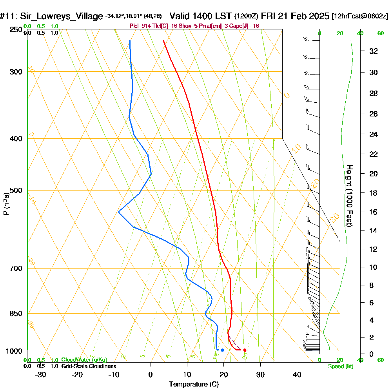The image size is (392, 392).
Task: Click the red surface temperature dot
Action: [x=245, y=350]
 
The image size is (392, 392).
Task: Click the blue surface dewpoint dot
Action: [x=222, y=350]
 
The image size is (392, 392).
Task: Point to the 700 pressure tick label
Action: [x=15, y=269]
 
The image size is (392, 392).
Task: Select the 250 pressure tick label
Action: [x=15, y=30]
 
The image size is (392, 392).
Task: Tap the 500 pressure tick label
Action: [x=15, y=191]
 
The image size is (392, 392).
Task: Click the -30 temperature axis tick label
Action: [x=41, y=374]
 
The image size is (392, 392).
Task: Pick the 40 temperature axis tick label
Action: [x=297, y=374]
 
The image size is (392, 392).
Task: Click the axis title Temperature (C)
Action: [x=194, y=385]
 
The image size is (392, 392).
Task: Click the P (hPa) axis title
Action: [x=6, y=203]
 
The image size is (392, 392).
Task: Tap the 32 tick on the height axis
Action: [x=374, y=51]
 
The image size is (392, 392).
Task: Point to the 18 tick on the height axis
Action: [x=374, y=193]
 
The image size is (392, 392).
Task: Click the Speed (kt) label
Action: [x=340, y=366]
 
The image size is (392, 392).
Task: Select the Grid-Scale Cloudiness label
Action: [x=89, y=366]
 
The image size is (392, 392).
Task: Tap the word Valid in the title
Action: [x=181, y=16]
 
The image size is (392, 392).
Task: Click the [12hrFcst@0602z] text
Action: [x=359, y=16]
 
